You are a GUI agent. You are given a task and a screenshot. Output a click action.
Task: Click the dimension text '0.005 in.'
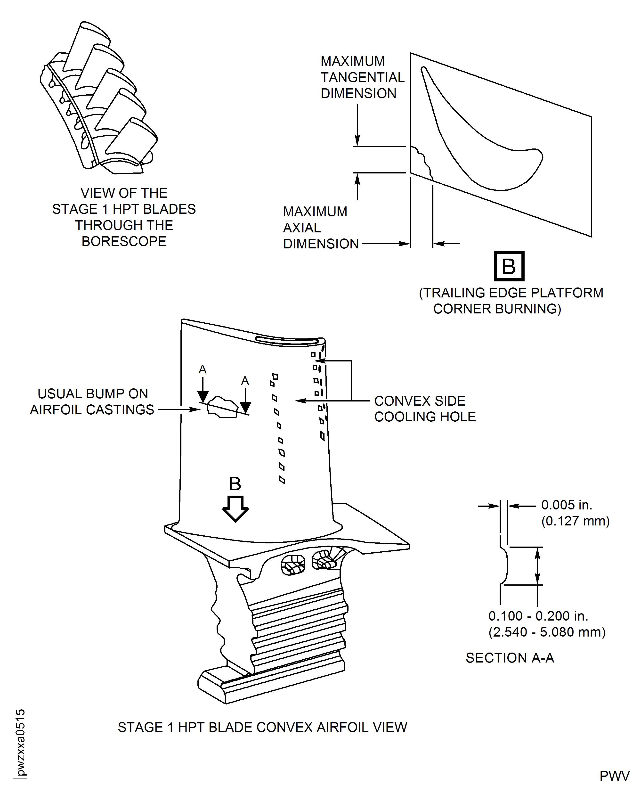(566, 505)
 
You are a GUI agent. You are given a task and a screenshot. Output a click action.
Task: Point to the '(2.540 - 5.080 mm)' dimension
(547, 632)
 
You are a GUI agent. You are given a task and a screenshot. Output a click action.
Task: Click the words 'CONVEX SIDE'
(420, 401)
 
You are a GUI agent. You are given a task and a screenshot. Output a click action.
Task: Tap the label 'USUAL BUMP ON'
(93, 394)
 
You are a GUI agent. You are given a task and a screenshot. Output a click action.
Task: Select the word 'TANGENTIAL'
(362, 77)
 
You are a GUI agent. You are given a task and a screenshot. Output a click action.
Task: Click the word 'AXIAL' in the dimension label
(302, 228)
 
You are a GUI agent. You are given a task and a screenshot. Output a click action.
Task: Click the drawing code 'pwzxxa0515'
(20, 742)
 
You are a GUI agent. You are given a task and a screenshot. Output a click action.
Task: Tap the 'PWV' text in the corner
(614, 776)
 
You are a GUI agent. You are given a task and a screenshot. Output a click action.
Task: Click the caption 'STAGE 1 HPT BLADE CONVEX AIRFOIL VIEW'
(262, 727)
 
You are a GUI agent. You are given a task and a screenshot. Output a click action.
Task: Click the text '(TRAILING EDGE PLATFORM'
(511, 293)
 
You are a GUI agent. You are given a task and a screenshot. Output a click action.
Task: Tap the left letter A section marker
(202, 369)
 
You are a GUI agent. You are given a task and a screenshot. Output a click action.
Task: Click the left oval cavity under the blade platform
(293, 565)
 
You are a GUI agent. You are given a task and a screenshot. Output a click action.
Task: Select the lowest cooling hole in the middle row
(282, 480)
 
